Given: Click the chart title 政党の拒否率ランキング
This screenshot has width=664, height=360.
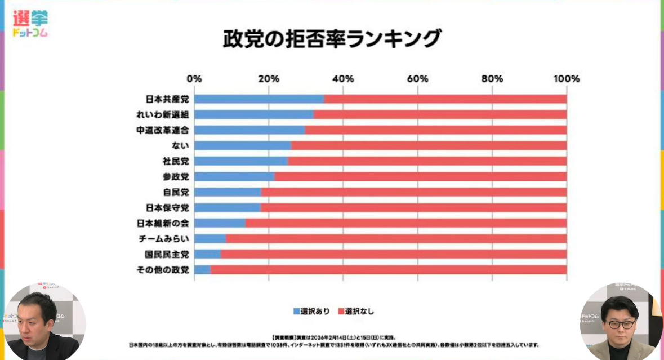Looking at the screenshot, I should point(332,39).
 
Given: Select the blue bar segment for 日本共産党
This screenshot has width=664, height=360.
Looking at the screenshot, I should point(259,99).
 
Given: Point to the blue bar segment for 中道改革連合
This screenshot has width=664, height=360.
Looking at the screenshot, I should point(249,130).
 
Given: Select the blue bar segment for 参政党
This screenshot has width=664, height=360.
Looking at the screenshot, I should point(234,176).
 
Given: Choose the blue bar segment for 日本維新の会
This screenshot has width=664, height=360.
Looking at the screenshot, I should point(220,223).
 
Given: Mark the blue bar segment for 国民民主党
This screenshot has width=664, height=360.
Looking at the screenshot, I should point(207,254).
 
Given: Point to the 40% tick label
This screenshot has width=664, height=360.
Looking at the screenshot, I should point(343,79).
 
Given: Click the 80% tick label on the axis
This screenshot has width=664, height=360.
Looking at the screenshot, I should point(492,79).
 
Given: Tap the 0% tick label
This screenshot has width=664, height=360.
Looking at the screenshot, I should point(194,79).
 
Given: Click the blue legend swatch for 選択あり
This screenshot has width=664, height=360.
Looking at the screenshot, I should point(296,311).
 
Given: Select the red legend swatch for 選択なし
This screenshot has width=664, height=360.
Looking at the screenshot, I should point(341,311).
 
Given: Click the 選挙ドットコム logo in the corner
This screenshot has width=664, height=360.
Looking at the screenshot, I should point(30,24).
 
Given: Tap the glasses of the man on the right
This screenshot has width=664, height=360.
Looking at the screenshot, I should point(620,325).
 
